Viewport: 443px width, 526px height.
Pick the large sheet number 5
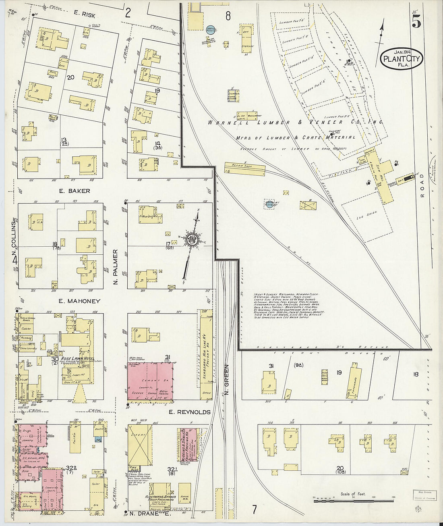point(416,23)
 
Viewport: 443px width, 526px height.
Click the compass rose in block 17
point(192,239)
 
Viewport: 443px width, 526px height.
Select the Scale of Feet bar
point(354,500)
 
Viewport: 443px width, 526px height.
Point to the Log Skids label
point(365,217)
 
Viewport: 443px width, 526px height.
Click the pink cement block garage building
point(151,381)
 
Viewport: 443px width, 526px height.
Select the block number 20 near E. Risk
point(70,77)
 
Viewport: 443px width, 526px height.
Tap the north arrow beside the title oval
point(381,37)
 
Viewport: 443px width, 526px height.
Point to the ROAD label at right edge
point(422,186)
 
